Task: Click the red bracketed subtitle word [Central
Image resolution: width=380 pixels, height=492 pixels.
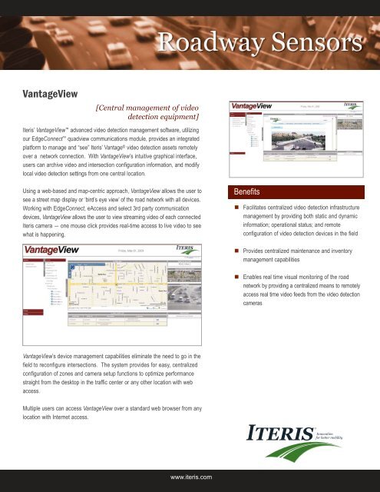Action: click(x=115, y=108)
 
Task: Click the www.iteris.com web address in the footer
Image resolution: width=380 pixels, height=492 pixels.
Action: click(x=190, y=477)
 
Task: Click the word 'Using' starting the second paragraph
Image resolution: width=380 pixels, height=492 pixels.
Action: click(x=31, y=189)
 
